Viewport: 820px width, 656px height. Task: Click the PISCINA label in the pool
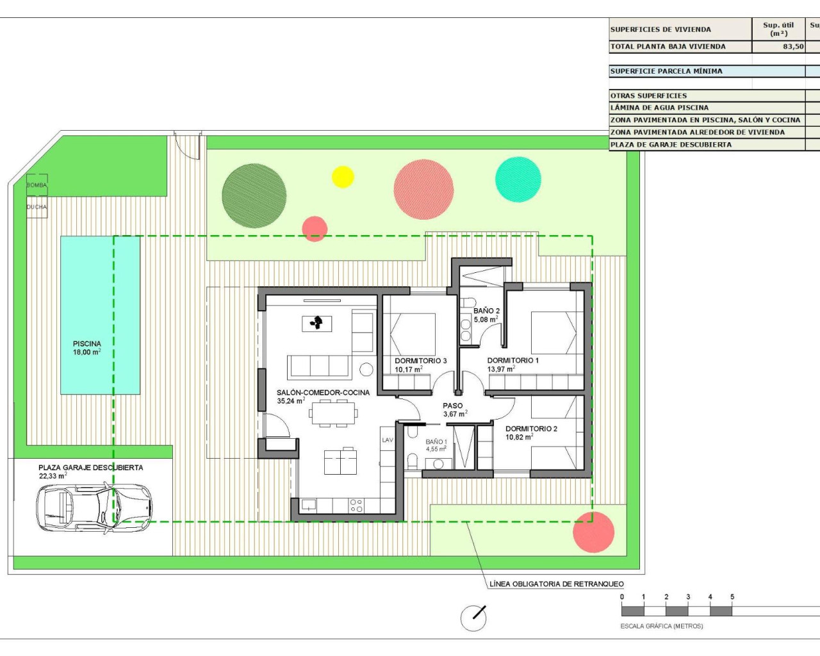click(87, 344)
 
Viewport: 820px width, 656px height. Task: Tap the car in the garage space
click(94, 508)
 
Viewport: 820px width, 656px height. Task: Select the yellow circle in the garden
click(343, 177)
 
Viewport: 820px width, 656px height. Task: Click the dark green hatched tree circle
click(254, 196)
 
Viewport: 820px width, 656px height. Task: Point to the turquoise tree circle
click(518, 179)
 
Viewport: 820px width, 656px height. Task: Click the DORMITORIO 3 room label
click(421, 361)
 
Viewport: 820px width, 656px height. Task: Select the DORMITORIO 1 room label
click(512, 361)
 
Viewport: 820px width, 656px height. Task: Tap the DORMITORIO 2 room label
click(531, 429)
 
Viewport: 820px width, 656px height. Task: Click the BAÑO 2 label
click(486, 311)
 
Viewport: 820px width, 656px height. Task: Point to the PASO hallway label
click(452, 406)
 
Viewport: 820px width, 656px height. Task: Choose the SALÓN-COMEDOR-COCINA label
click(323, 393)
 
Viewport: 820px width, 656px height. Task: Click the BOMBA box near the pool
click(37, 184)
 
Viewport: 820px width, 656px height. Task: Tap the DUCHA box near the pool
click(37, 207)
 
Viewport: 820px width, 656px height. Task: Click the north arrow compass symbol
click(474, 618)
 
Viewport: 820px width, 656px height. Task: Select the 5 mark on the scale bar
click(732, 597)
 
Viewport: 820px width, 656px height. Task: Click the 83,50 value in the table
click(793, 47)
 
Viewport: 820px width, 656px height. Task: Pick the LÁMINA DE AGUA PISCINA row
click(660, 108)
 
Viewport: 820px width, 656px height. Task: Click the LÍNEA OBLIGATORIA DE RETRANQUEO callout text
click(556, 584)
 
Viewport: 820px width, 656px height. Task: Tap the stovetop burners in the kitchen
click(356, 505)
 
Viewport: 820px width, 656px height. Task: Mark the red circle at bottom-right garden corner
click(593, 532)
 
